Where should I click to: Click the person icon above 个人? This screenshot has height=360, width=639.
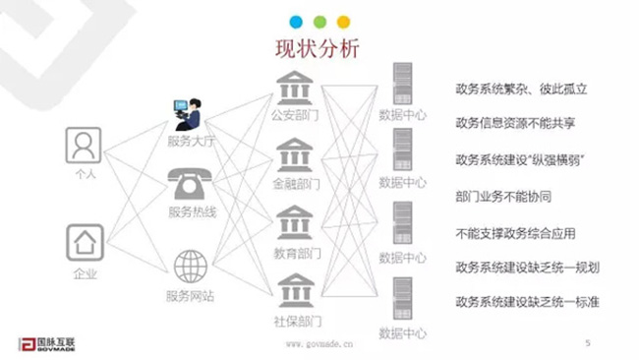[x=85, y=146]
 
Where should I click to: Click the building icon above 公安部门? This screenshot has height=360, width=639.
[x=294, y=88]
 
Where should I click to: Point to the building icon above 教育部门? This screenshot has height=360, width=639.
[x=294, y=223]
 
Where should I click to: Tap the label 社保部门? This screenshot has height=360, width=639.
[x=294, y=321]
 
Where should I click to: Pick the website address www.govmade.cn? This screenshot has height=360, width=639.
[x=319, y=344]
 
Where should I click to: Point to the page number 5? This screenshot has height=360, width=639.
[x=587, y=343]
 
